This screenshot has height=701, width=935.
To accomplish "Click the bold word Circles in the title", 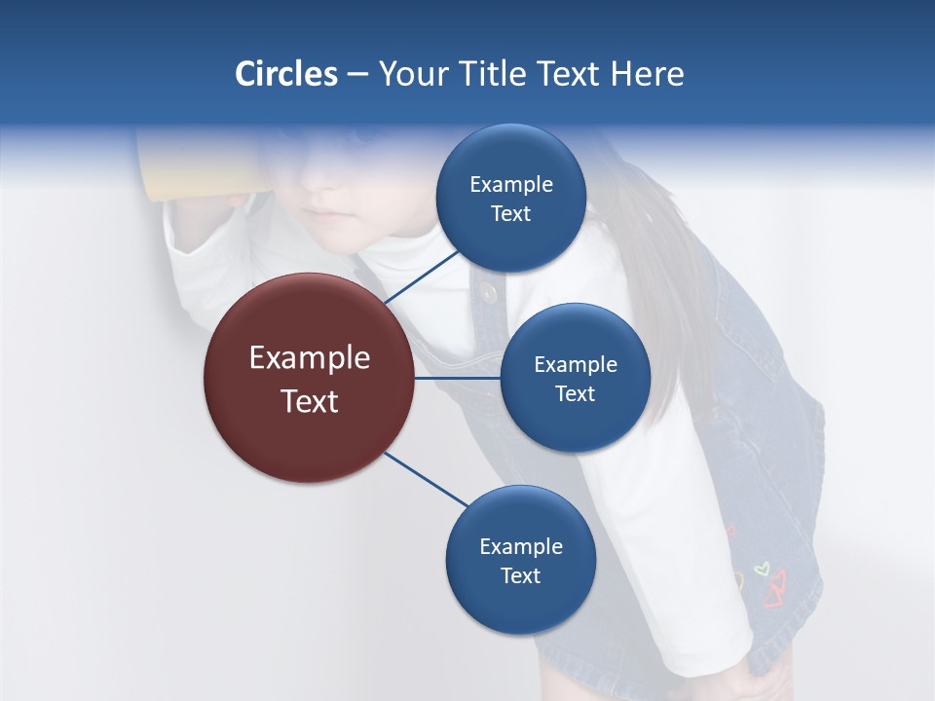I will (x=286, y=74).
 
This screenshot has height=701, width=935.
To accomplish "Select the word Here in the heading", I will (x=647, y=74).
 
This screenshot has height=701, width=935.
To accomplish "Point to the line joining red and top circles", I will (x=425, y=275).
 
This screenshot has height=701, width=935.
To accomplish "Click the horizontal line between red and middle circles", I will (x=458, y=378).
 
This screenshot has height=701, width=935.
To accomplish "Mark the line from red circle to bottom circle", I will (x=427, y=480).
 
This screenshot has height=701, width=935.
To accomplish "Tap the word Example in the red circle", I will (x=310, y=358).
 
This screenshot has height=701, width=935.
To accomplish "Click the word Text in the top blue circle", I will (x=510, y=214).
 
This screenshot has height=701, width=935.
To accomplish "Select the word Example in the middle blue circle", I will (x=575, y=365).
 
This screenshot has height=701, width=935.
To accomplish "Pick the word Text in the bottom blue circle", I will (x=520, y=576).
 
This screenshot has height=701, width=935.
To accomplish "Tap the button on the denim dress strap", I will (x=488, y=292).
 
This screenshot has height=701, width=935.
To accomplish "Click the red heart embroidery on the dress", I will (x=776, y=590).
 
